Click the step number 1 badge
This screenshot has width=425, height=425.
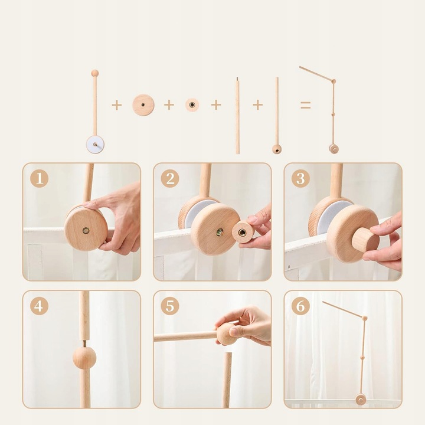[40, 179]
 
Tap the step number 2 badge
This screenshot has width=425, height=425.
[170, 179]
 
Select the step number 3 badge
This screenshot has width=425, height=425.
[300, 179]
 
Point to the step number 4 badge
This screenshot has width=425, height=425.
[40, 306]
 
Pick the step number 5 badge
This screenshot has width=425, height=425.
[170, 306]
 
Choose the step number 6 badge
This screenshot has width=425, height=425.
[300, 306]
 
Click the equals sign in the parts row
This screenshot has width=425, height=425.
[306, 105]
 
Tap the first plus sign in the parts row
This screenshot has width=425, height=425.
[117, 105]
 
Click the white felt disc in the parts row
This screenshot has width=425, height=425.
[96, 145]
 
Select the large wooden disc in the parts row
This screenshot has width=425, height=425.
[143, 105]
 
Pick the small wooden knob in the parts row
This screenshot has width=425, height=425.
[192, 104]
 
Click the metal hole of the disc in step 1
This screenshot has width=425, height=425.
[86, 230]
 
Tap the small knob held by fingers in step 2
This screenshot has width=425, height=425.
[243, 233]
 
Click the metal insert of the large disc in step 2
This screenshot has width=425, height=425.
[220, 232]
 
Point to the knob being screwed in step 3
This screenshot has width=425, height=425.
[365, 240]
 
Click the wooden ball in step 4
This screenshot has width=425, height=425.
[84, 358]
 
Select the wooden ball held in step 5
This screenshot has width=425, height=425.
[227, 334]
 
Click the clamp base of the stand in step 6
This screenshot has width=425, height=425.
[361, 399]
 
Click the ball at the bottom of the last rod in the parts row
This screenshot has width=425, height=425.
[277, 149]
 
